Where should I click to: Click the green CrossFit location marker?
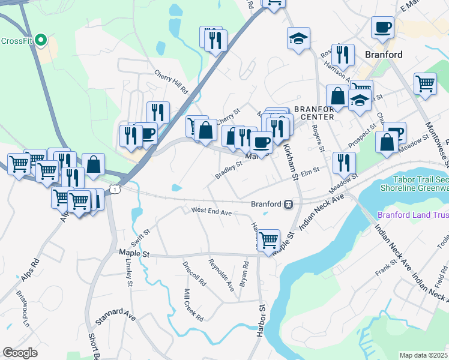[x=41, y=40]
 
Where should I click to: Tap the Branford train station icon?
[x=289, y=204]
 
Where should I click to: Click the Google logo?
[x=20, y=353]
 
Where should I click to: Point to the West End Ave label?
[x=211, y=212]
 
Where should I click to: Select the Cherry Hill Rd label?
[x=171, y=83]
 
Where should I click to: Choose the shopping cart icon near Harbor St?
[x=268, y=240]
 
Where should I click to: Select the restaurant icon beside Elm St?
[x=344, y=163]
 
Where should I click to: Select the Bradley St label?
[x=228, y=169]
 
